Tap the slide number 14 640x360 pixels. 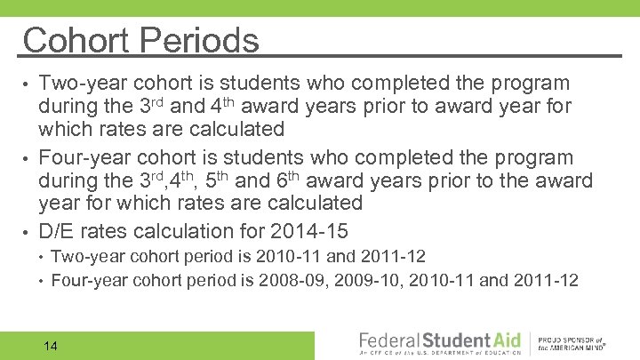[x=50, y=345]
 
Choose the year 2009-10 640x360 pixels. [x=365, y=281]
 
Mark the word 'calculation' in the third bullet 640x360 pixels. [x=190, y=231]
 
